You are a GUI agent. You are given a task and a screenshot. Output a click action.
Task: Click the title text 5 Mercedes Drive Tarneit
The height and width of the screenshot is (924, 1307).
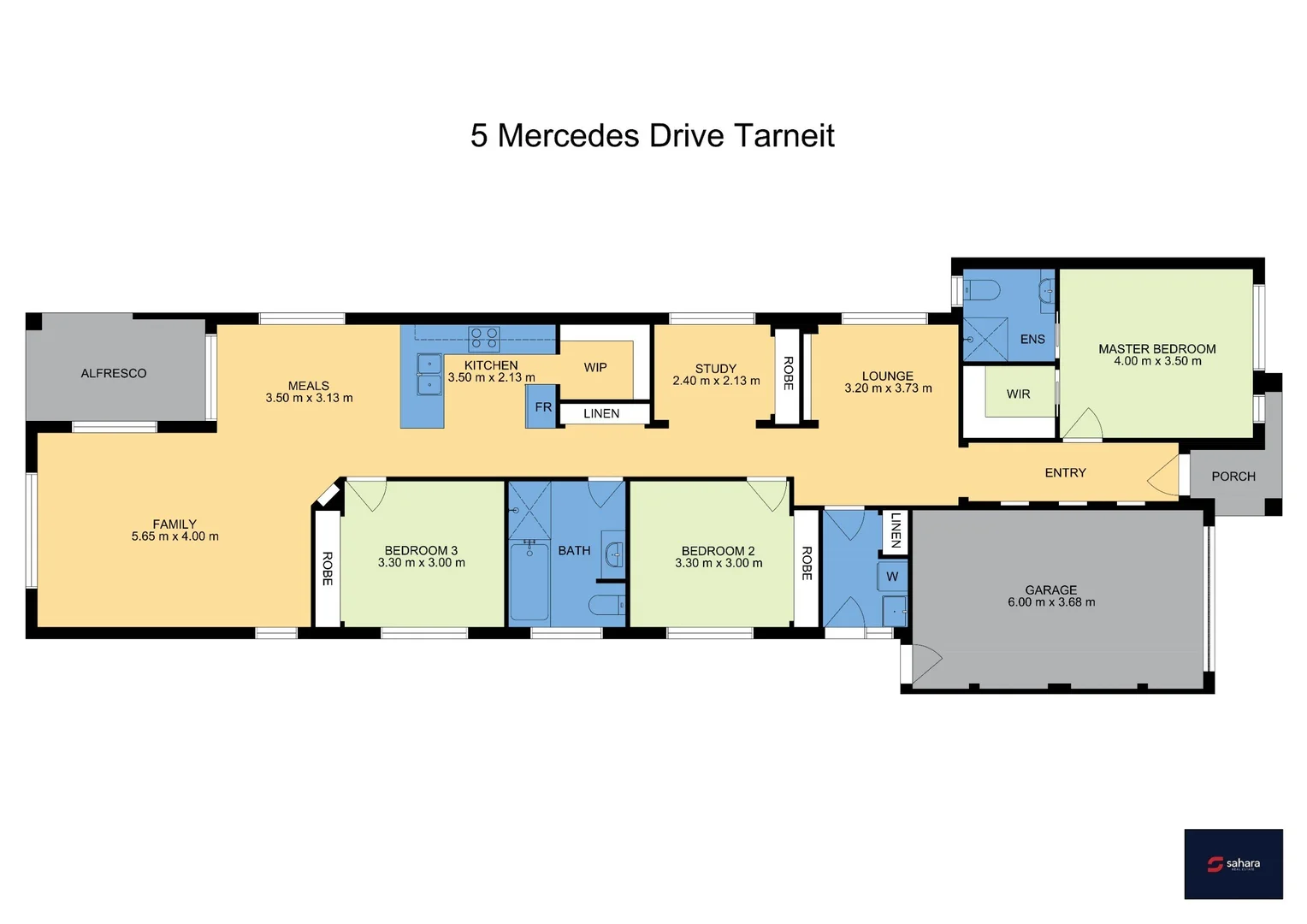(652, 136)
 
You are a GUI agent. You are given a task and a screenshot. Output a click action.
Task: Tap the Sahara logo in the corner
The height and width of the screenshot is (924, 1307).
(1233, 863)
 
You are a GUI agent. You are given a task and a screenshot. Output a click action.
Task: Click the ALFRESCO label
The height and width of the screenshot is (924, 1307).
(114, 373)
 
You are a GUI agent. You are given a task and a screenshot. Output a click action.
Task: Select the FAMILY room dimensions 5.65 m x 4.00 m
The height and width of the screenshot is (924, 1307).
(174, 536)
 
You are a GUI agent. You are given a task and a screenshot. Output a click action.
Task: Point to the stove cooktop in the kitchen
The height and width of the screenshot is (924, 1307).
(484, 339)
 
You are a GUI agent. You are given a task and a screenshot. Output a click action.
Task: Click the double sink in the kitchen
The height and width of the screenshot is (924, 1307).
(429, 375)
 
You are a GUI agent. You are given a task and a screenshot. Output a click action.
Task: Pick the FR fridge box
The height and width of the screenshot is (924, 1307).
(542, 407)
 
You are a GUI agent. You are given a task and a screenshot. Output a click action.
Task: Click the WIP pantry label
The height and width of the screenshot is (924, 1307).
(595, 367)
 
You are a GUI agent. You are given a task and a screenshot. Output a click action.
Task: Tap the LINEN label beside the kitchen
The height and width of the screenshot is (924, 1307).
(601, 413)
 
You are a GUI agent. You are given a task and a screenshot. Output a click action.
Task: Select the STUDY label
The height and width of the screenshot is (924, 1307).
(716, 369)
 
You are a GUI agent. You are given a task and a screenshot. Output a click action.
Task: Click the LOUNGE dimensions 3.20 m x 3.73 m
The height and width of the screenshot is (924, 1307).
(888, 388)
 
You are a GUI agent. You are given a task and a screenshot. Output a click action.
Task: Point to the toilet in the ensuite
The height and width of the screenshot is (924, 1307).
(983, 291)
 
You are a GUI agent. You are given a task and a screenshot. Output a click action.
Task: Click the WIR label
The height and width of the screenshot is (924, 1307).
(1018, 394)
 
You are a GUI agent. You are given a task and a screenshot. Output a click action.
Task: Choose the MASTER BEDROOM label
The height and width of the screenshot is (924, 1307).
(1156, 349)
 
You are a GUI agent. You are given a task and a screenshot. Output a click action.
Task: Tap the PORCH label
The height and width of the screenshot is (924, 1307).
(1233, 477)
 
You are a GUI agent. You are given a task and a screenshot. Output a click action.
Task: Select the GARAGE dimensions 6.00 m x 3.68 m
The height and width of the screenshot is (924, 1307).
(1051, 602)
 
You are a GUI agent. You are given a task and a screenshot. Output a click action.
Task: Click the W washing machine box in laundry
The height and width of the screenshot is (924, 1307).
(892, 577)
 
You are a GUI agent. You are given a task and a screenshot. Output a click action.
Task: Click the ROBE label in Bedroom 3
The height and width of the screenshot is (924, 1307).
(327, 568)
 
